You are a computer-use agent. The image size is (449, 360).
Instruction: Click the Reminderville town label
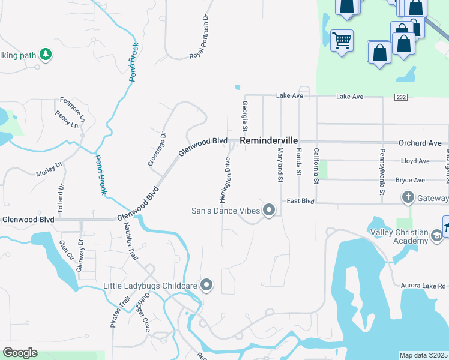tap(268, 140)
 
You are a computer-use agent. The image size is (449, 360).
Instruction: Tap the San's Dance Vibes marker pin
tap(268, 210)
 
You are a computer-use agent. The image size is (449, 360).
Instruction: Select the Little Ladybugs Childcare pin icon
tap(206, 285)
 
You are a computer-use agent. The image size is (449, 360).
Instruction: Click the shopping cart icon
tap(342, 41)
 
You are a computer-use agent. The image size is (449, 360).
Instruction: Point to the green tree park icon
tap(45, 55)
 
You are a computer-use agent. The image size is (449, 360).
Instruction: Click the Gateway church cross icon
tap(408, 197)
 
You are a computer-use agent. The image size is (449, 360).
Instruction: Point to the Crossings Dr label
tap(157, 149)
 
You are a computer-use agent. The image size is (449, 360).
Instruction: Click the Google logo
tap(20, 353)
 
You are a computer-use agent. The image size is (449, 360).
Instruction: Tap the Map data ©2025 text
tap(423, 355)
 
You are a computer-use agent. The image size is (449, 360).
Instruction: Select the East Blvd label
tap(301, 201)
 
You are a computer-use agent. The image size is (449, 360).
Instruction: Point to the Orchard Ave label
tap(420, 143)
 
